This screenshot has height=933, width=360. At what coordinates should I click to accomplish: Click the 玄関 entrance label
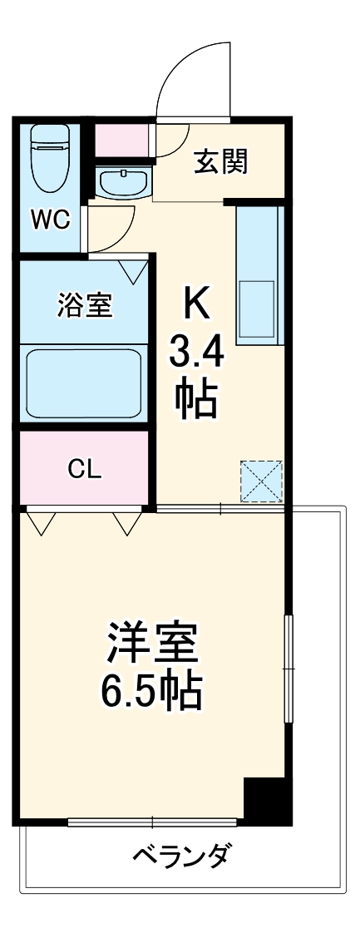click(x=220, y=163)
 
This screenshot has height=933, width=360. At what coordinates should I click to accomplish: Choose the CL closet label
click(x=84, y=470)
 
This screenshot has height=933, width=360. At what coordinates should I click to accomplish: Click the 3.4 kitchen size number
click(x=197, y=355)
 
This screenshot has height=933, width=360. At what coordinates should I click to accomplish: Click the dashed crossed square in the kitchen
click(x=262, y=481)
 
